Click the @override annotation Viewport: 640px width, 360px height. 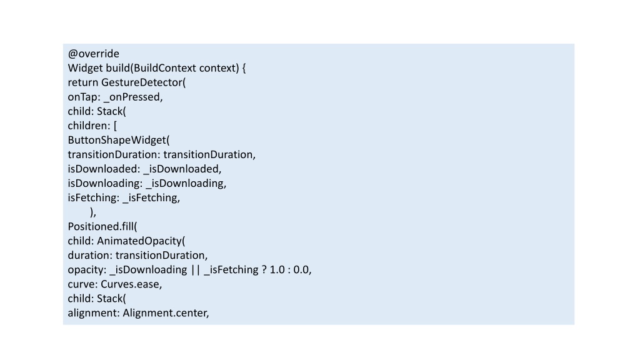(94, 54)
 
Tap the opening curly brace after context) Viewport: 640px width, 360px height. (244, 68)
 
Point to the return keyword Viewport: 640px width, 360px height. (83, 82)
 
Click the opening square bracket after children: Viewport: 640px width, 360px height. (115, 126)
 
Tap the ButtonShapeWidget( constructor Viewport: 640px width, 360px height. (119, 140)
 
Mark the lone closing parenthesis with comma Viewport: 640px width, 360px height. (93, 212)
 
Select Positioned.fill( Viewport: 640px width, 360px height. (102, 226)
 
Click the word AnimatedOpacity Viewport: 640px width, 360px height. (139, 241)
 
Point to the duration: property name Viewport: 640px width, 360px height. (90, 256)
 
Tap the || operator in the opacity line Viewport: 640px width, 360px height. (196, 270)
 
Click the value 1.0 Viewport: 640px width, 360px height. (277, 270)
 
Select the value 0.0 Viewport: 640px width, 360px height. (301, 270)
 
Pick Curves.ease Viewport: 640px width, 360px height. (130, 284)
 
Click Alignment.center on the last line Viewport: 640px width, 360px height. (164, 313)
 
